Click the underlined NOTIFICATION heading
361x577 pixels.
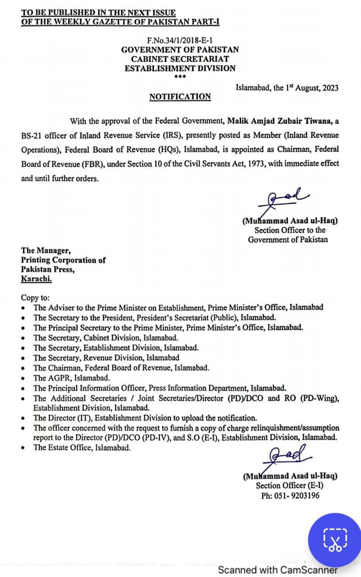click(180, 96)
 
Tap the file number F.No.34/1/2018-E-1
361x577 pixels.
click(180, 40)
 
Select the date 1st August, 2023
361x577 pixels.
click(311, 88)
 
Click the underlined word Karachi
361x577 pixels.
click(37, 279)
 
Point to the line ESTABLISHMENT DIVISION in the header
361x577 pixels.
click(180, 69)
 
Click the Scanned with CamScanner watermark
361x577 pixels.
click(278, 570)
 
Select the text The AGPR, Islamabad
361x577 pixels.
click(71, 378)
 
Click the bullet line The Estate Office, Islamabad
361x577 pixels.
click(82, 448)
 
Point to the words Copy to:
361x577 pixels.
click(35, 298)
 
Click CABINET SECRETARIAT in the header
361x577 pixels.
click(180, 59)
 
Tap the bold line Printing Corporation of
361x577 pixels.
click(63, 260)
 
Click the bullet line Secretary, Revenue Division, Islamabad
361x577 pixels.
click(106, 357)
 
